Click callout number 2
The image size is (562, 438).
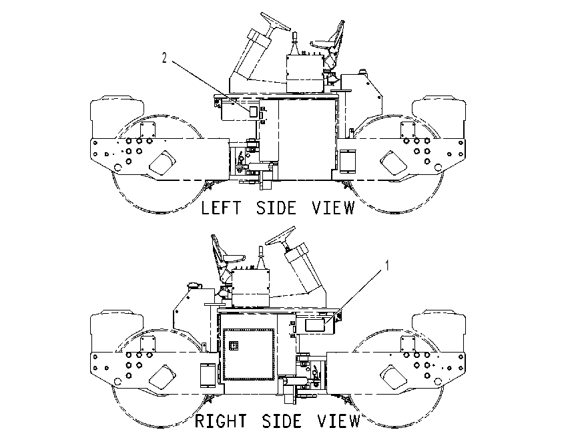pyautogui.click(x=164, y=57)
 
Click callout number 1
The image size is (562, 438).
pyautogui.click(x=387, y=266)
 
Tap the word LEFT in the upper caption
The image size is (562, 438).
pyautogui.click(x=221, y=208)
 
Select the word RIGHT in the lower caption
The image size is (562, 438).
pyautogui.click(x=221, y=421)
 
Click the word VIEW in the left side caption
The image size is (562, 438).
pyautogui.click(x=333, y=208)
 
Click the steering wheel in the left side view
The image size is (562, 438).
pyautogui.click(x=275, y=21)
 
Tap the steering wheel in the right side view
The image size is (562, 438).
pyautogui.click(x=280, y=236)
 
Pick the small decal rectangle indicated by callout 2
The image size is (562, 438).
pyautogui.click(x=254, y=111)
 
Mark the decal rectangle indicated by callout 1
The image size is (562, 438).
pyautogui.click(x=314, y=325)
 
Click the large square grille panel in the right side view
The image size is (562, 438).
pyautogui.click(x=248, y=354)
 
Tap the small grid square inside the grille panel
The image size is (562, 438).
pyautogui.click(x=234, y=346)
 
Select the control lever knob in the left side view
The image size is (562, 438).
pyautogui.click(x=294, y=35)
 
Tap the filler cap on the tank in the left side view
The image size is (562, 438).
pyautogui.click(x=362, y=71)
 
